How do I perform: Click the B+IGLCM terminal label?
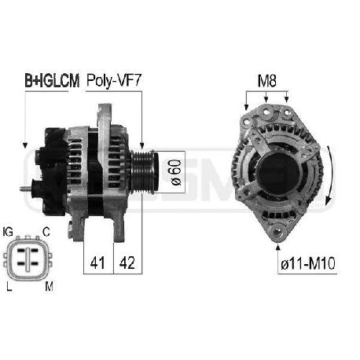(x=52, y=81)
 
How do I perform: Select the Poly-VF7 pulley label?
(x=114, y=80)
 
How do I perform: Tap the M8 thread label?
(x=267, y=81)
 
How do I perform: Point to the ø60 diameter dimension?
(x=176, y=172)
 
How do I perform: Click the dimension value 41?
(x=97, y=263)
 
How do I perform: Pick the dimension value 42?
(x=127, y=263)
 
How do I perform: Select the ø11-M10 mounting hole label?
(x=308, y=263)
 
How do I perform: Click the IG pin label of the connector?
(x=8, y=232)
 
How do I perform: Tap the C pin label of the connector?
(x=46, y=232)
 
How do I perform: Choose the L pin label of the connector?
(x=9, y=287)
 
